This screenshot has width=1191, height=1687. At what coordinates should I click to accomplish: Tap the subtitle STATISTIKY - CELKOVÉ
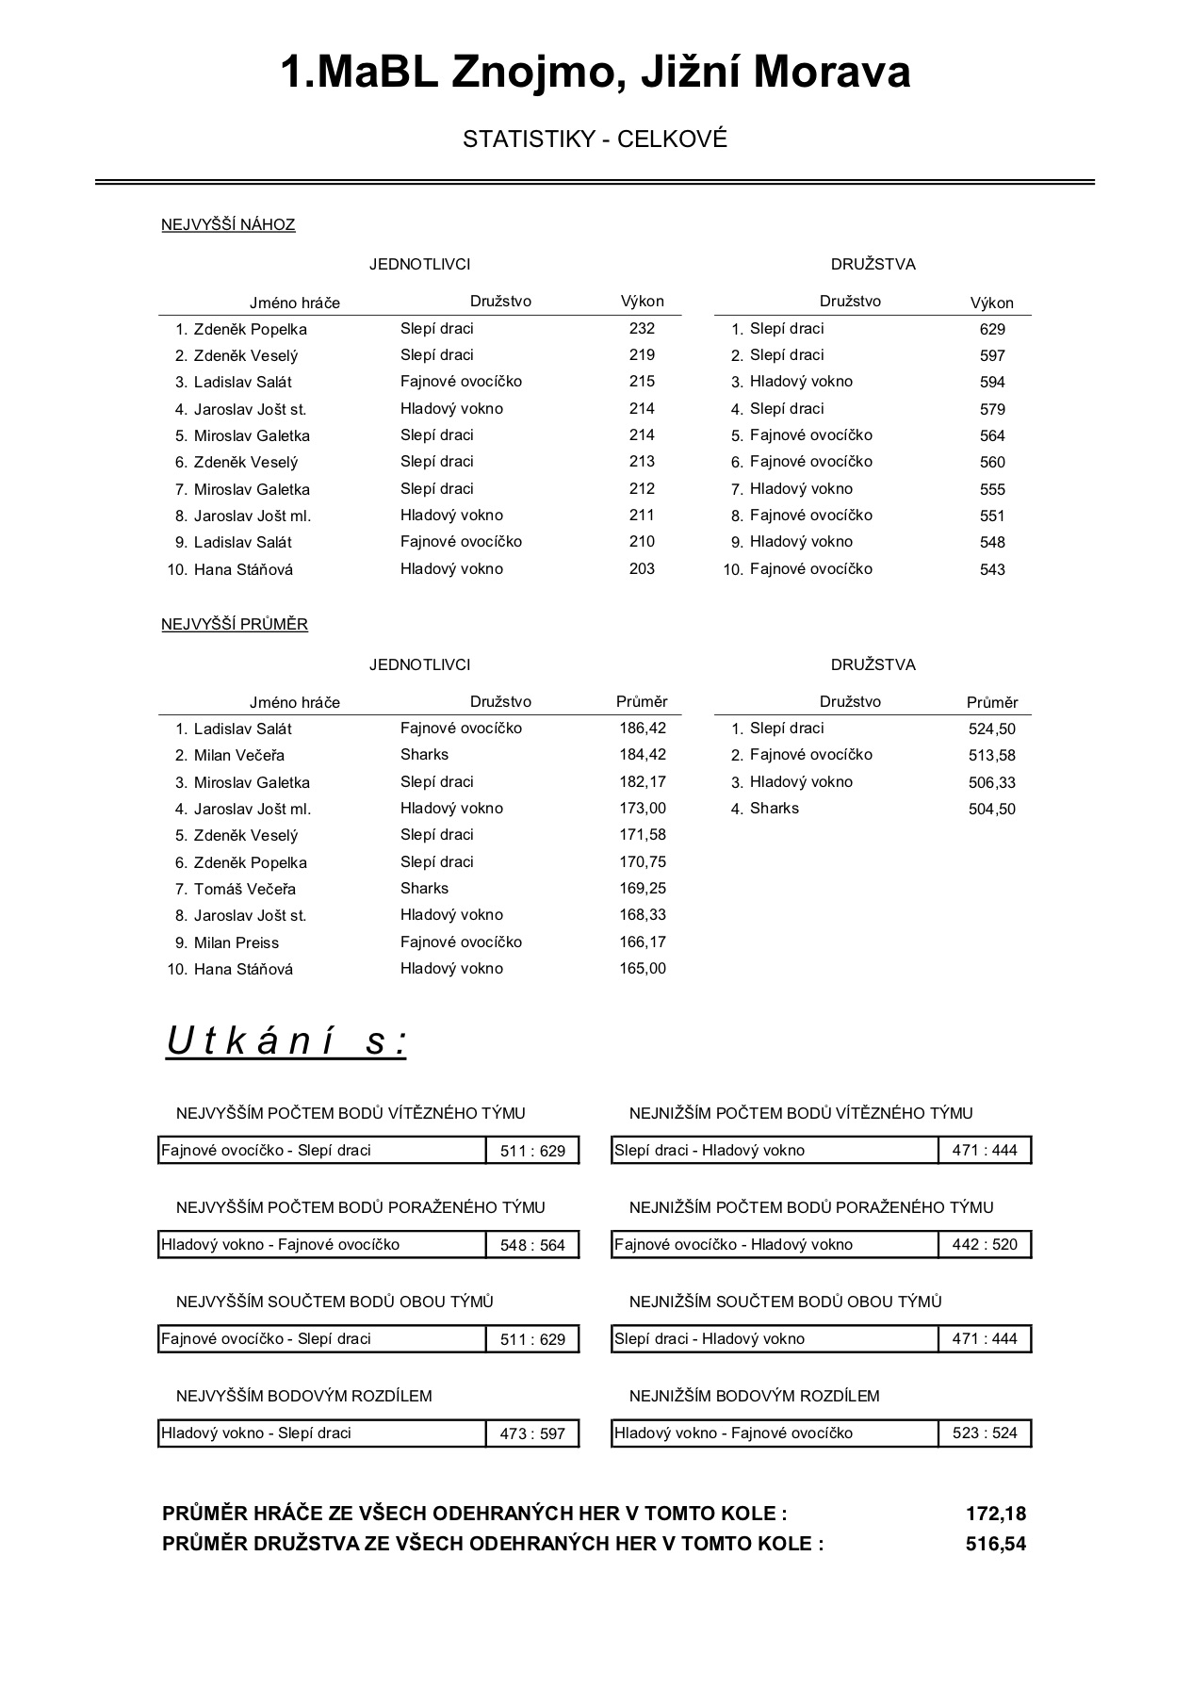(595, 139)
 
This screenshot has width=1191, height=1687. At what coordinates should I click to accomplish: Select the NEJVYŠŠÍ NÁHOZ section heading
(228, 224)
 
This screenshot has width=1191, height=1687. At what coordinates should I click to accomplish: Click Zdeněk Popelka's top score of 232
(642, 329)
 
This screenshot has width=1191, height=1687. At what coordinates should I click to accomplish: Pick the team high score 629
(992, 330)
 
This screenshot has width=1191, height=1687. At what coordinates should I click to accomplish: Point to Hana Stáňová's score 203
(642, 569)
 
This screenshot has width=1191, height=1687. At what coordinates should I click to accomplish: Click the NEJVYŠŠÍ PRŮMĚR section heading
(235, 624)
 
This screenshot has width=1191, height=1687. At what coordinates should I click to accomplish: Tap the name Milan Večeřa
(239, 756)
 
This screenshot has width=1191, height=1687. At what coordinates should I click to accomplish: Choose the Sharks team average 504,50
(992, 809)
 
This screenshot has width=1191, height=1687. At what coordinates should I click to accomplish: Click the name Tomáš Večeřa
(245, 889)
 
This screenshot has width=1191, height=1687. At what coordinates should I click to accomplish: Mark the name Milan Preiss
(237, 942)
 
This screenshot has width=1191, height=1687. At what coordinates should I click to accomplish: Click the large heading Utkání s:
(286, 1040)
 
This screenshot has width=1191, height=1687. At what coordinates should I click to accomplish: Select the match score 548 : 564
(532, 1245)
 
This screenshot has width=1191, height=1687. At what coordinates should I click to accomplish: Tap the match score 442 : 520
(985, 1244)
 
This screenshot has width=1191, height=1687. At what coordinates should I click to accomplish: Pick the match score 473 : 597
(532, 1433)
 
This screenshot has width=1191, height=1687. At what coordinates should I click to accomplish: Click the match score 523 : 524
(985, 1433)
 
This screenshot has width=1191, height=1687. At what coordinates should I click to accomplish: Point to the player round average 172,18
(995, 1514)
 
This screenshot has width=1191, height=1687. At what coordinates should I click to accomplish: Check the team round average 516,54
(995, 1544)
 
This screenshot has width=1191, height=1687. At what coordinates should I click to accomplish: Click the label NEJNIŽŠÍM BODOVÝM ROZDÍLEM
(754, 1396)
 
